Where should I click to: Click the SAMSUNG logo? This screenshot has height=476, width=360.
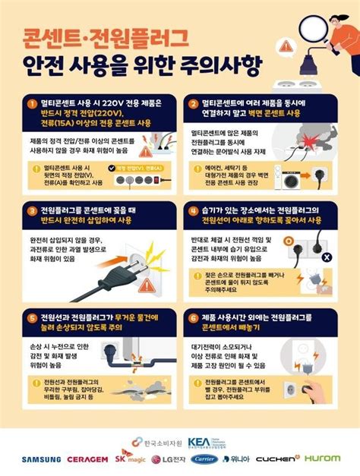[x=40, y=459]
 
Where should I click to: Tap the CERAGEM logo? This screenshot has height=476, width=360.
[x=87, y=459]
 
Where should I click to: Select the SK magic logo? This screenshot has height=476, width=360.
[x=130, y=459]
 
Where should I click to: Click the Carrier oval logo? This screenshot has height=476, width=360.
[x=204, y=459]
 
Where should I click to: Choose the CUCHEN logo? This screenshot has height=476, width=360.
[x=277, y=459]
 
